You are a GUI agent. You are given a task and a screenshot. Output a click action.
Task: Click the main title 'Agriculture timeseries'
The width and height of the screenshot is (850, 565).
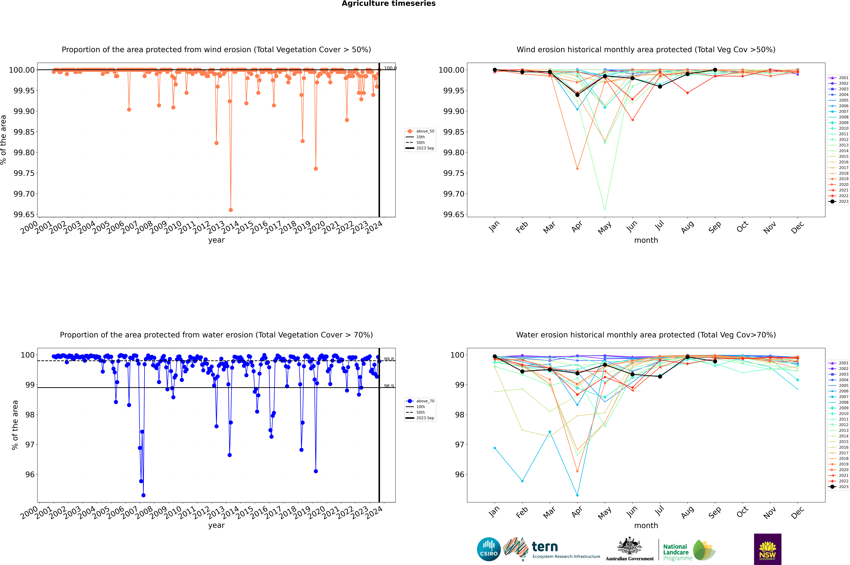(388, 4)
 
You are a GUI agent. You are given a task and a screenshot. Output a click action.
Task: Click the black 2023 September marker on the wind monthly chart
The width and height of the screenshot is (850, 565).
(715, 70)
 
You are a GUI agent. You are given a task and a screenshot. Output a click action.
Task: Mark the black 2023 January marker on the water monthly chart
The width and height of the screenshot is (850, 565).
(495, 356)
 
